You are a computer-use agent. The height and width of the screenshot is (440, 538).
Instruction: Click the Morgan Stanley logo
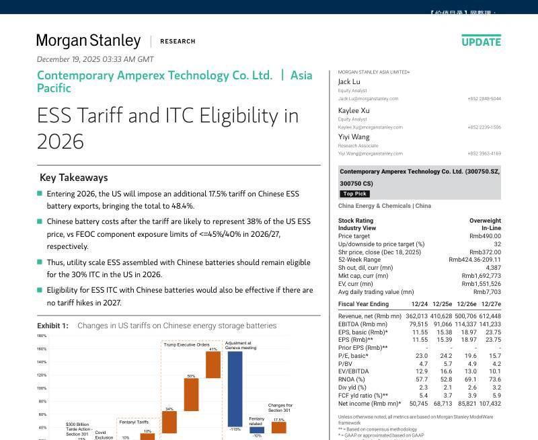coord(88,41)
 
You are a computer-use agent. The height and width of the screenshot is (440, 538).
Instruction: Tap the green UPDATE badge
coord(481,42)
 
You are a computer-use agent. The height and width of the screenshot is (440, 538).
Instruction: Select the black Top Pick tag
coord(354,194)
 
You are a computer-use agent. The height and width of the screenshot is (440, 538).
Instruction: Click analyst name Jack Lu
coord(348,82)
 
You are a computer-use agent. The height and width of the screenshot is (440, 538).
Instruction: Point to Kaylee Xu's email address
coord(370,127)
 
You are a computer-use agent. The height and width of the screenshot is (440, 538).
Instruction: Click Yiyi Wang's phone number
coord(484,153)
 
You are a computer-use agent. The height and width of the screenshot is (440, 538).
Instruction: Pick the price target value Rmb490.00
coord(485,236)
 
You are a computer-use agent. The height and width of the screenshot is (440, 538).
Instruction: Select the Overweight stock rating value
coord(485,221)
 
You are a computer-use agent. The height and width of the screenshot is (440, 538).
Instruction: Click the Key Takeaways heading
coord(73,178)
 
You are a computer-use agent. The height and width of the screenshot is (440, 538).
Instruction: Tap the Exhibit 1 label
coord(52,326)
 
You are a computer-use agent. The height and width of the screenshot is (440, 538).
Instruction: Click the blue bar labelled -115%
coord(235,389)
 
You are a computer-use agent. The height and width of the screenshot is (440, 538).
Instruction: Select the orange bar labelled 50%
coord(191,394)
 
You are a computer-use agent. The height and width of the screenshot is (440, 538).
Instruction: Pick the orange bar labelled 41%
coord(213,365)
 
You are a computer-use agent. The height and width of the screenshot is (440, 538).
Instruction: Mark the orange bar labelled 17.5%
coord(278,427)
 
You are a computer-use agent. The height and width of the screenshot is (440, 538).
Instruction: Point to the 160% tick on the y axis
coord(42,349)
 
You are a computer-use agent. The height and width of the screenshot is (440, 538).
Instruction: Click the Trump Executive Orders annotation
coord(186,344)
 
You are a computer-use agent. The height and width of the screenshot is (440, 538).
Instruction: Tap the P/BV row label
coord(346,363)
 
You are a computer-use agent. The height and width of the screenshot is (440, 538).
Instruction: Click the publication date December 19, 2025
coord(95,59)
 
